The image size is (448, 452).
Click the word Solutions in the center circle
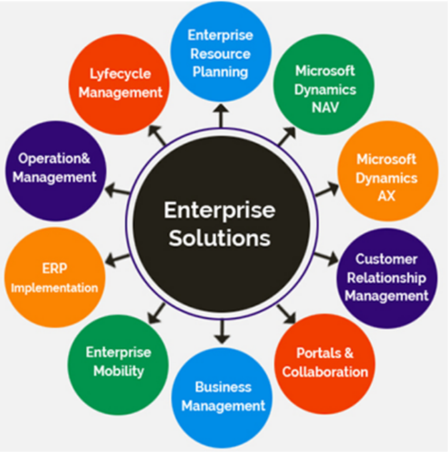click(219, 238)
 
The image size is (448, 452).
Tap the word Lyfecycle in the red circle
click(120, 74)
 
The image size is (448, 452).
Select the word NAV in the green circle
click(325, 108)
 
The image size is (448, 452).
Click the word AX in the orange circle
click(386, 196)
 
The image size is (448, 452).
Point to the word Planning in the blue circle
click(220, 72)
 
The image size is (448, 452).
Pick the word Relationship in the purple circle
click(386, 278)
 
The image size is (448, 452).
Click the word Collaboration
click(325, 372)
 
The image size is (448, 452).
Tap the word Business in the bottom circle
click(224, 387)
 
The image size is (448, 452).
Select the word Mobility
click(119, 372)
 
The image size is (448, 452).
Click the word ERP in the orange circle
click(54, 268)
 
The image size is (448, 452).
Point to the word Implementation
click(54, 288)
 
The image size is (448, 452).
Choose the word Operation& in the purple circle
click(54, 158)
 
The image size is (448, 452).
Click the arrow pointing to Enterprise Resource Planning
click(221, 116)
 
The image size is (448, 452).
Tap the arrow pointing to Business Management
click(222, 332)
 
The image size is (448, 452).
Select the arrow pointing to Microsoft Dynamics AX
click(327, 189)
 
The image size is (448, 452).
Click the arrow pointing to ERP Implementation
click(118, 259)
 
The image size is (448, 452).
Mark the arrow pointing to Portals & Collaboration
click(287, 315)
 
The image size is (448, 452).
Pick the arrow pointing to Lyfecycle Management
click(157, 135)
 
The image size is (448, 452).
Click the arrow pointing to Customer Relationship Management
click(326, 259)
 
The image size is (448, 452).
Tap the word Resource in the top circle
click(220, 54)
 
